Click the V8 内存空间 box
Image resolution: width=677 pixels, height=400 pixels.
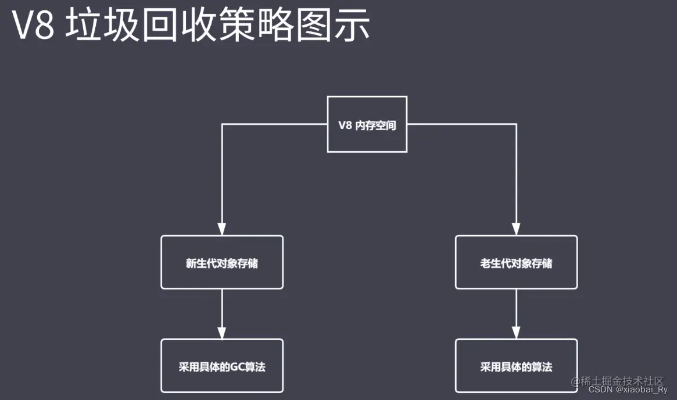(x=367, y=124)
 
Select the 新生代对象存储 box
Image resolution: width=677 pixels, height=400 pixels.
(x=221, y=262)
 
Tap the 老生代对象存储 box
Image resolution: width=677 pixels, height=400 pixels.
(x=516, y=262)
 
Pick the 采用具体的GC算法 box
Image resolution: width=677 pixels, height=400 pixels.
(x=221, y=366)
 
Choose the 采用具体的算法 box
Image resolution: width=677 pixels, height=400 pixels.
(x=516, y=366)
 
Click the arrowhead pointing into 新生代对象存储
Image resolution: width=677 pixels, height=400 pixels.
(x=222, y=228)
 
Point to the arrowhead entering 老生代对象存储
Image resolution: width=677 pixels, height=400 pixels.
(x=516, y=228)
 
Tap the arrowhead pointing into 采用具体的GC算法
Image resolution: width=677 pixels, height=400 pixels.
(x=222, y=332)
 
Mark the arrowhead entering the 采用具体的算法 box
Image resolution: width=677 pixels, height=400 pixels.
(x=516, y=332)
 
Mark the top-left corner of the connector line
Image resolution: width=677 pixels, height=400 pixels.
(x=222, y=124)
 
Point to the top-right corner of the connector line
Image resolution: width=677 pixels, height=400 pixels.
(x=516, y=124)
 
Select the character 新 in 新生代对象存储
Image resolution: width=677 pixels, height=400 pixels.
(x=191, y=263)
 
